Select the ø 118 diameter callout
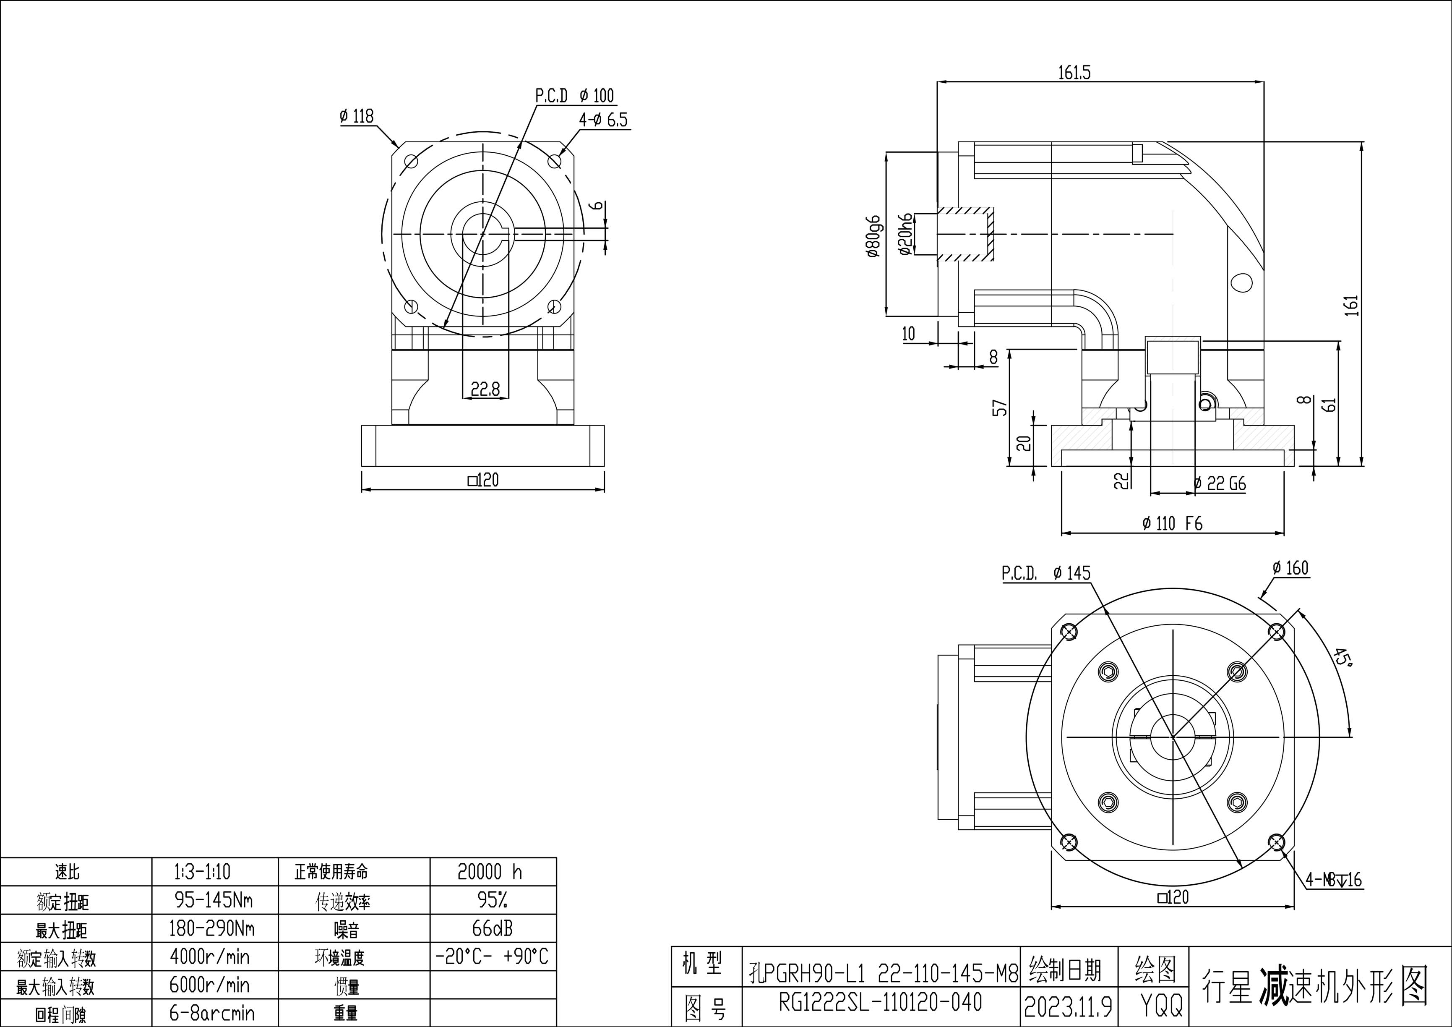click(x=357, y=116)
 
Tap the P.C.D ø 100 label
click(x=574, y=96)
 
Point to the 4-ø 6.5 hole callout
click(x=603, y=120)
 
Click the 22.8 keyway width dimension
click(x=485, y=389)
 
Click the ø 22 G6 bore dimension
click(x=1219, y=484)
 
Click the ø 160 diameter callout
click(x=1290, y=568)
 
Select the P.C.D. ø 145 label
click(x=1046, y=573)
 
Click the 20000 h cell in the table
click(x=490, y=872)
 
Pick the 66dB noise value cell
click(x=493, y=928)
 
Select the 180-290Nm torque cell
click(x=212, y=928)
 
